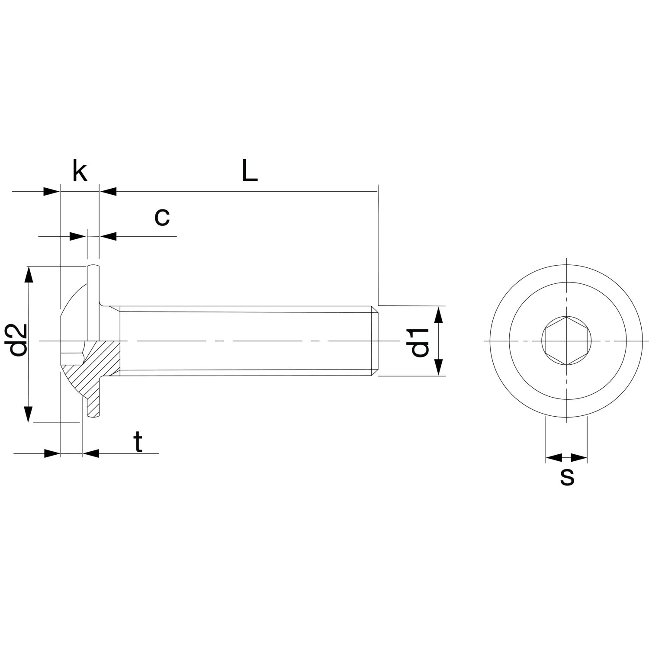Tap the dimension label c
[x=162, y=218]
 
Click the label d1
[x=419, y=343]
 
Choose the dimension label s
[x=567, y=477]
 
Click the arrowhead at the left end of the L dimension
[x=108, y=191]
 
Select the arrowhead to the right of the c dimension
[x=108, y=236]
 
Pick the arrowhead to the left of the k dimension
[x=51, y=191]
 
